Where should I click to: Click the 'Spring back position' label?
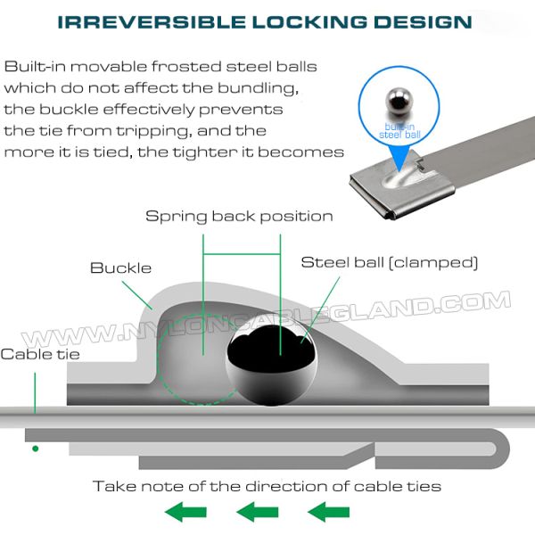pyautogui.click(x=239, y=216)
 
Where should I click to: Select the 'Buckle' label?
pyautogui.click(x=121, y=267)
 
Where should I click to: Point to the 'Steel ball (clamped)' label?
pyautogui.click(x=390, y=262)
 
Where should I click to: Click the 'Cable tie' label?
pyautogui.click(x=39, y=354)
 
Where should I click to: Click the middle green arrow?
pyautogui.click(x=257, y=512)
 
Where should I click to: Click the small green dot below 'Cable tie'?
pyautogui.click(x=35, y=448)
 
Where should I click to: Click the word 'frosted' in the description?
pyautogui.click(x=171, y=67)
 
